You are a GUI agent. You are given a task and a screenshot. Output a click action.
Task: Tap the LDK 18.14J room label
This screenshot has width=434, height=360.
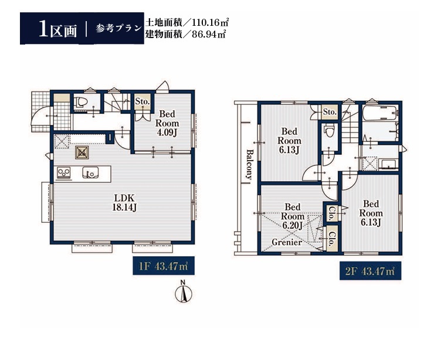pos(124,202)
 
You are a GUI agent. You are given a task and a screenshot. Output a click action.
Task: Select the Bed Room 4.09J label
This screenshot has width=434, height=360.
pos(167,123)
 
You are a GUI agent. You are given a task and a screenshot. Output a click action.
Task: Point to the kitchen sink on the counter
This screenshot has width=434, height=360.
pos(90,172)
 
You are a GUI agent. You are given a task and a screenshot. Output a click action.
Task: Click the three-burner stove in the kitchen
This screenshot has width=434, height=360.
pos(64,173)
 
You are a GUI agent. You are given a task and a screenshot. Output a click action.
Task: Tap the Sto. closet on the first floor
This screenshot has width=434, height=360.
pos(143,101)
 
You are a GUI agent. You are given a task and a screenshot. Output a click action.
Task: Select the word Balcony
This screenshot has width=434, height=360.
pos(249,164)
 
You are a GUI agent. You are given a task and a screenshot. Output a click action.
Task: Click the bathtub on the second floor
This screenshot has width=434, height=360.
pos(379,113)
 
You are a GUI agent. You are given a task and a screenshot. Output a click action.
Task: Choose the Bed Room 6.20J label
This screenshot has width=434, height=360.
pos(293,216)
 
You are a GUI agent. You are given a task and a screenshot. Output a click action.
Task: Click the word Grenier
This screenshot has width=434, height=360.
pos(287,242)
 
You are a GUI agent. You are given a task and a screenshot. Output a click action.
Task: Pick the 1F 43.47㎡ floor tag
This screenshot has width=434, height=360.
pos(164,266)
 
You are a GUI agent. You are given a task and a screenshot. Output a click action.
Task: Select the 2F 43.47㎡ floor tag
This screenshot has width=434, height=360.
pos(370,271)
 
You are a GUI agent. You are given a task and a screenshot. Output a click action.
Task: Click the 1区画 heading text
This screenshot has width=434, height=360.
pos(58,29)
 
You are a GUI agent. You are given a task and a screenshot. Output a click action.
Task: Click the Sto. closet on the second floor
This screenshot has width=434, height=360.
pos(330,112)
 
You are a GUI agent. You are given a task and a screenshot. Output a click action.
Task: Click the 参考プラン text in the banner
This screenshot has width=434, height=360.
pos(118,29)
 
